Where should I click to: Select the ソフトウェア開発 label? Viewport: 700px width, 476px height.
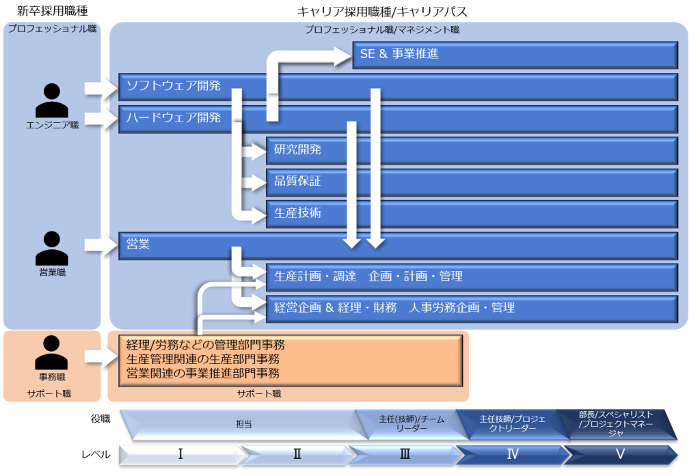(174, 85)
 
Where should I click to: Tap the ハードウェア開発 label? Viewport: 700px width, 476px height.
(174, 117)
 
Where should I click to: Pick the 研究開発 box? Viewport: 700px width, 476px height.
(472, 150)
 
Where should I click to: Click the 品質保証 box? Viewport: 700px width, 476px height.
(472, 182)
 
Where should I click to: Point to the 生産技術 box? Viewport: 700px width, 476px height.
(472, 213)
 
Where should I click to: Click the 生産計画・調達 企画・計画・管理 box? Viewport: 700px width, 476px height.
(472, 277)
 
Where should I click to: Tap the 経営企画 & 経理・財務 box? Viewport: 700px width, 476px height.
(472, 308)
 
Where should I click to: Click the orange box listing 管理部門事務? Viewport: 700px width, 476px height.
(291, 359)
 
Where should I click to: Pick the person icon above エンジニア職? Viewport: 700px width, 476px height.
(52, 100)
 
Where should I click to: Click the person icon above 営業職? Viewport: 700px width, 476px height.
(52, 247)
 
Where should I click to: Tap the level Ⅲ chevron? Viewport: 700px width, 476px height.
(405, 454)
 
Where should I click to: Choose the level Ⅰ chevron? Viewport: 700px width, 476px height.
(180, 454)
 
